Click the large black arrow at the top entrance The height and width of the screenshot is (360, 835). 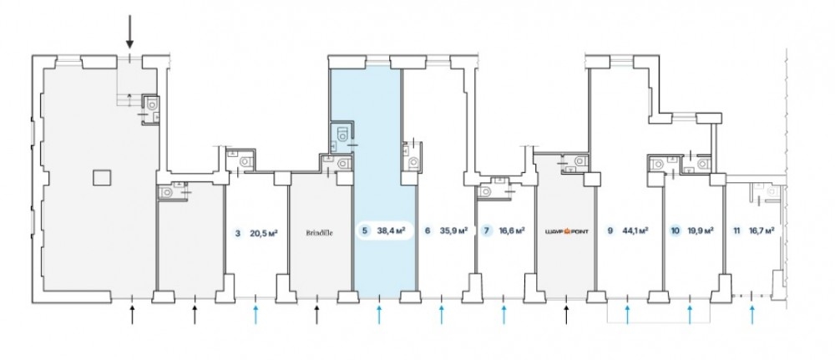pyautogui.click(x=129, y=31)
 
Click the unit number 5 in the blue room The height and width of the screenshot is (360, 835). pyautogui.click(x=364, y=231)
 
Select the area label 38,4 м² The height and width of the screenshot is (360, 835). pyautogui.click(x=391, y=231)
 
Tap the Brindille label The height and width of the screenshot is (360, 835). pyautogui.click(x=319, y=233)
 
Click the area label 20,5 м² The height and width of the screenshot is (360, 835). pyautogui.click(x=264, y=233)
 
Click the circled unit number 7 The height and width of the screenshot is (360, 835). pyautogui.click(x=487, y=232)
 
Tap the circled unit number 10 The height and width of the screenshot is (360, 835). pyautogui.click(x=675, y=232)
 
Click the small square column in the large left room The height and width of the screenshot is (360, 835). pyautogui.click(x=101, y=176)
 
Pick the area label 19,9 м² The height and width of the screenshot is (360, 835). pyautogui.click(x=699, y=232)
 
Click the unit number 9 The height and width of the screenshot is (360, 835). pyautogui.click(x=610, y=232)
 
